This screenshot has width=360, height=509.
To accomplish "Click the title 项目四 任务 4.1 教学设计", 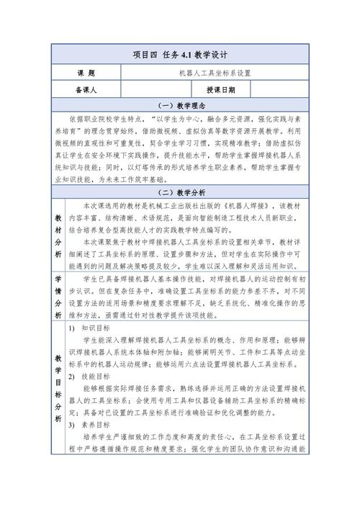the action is point(179,54).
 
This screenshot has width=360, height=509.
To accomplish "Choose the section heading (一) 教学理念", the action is point(179,105).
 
